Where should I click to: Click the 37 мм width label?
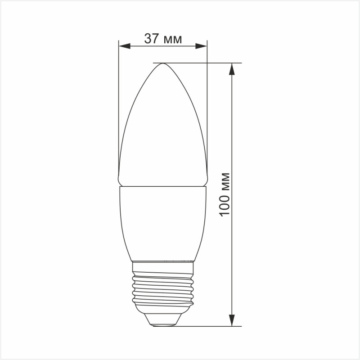[x=163, y=39]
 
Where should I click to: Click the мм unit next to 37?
[x=172, y=40]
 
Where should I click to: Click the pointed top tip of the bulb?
[x=162, y=64]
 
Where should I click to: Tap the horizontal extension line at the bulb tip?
[x=202, y=63]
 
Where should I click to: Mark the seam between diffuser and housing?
[x=162, y=186]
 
